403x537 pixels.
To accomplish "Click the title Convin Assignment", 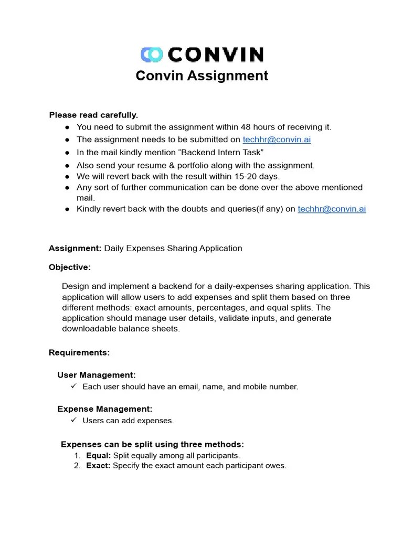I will [x=201, y=76].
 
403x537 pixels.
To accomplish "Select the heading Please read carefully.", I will [x=93, y=115].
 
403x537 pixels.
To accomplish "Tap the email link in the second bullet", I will [x=277, y=139].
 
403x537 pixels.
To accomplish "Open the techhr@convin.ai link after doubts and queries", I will [x=332, y=209].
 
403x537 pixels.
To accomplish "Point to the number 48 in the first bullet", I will [x=246, y=127].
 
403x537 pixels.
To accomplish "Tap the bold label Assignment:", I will [x=75, y=248].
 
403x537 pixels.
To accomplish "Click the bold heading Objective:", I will [x=70, y=267].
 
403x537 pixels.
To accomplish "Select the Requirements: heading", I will [x=79, y=352].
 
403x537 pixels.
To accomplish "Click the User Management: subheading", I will [x=97, y=375].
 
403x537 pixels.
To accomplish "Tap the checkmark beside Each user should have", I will [x=73, y=386].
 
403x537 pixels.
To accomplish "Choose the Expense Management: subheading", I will [x=105, y=409].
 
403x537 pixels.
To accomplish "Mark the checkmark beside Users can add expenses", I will [x=73, y=420].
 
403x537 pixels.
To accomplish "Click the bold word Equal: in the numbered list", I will [x=98, y=456].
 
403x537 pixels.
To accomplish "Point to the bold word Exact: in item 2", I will [x=98, y=466].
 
